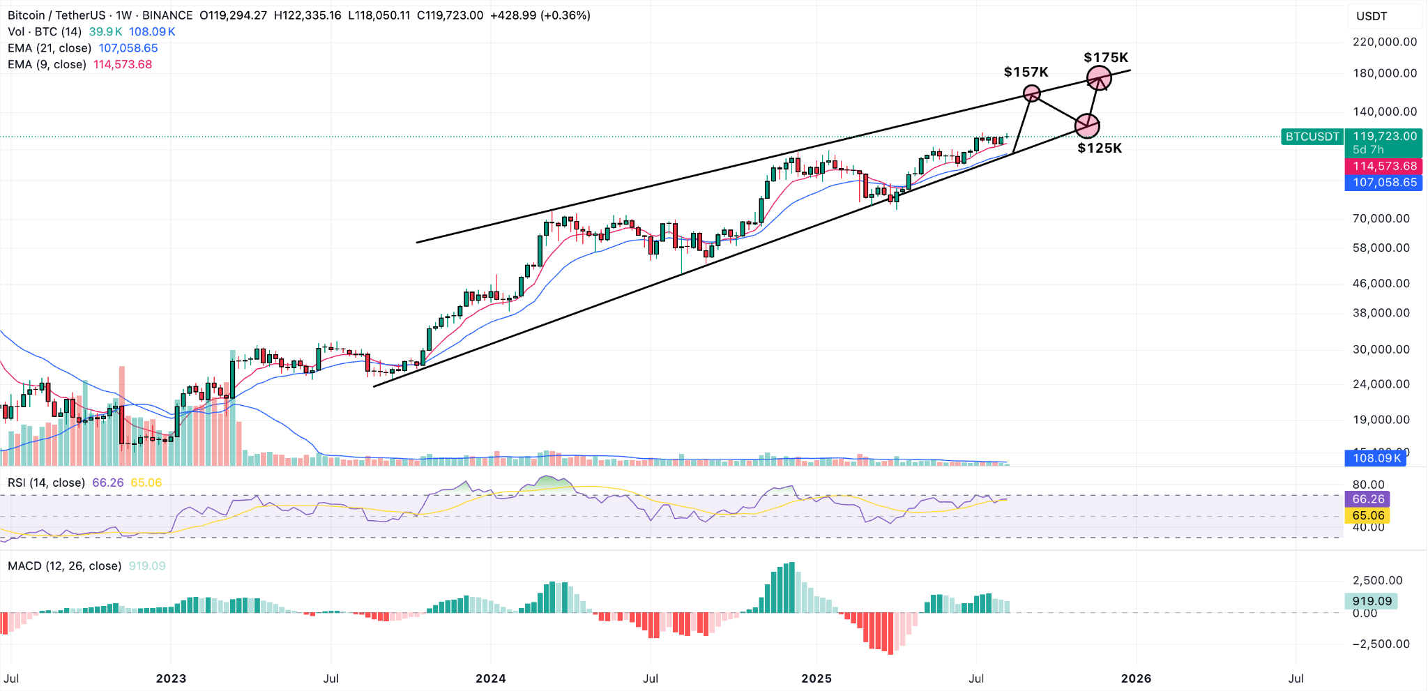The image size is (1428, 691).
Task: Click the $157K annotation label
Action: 1026,72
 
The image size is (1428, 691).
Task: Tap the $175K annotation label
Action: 1105,57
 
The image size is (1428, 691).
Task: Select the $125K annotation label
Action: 1099,148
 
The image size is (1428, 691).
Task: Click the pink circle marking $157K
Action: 1031,93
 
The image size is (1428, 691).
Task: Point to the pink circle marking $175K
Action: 1099,77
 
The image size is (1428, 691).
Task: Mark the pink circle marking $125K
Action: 1087,126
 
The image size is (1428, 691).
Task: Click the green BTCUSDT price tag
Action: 1312,137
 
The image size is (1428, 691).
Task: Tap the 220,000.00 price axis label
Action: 1384,42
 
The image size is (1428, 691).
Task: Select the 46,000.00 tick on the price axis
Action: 1381,283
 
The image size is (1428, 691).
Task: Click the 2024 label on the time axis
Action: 490,678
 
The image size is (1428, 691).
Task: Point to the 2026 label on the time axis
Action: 1135,678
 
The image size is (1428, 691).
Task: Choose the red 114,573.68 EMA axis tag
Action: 1385,166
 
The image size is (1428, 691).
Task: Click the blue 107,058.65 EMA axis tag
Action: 1385,183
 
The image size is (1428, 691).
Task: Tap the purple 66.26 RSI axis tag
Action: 1367,499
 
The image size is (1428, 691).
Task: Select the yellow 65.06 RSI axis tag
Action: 1367,516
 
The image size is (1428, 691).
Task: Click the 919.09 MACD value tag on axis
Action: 1371,601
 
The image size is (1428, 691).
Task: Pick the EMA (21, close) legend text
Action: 50,48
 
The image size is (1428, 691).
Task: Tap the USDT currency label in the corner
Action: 1371,16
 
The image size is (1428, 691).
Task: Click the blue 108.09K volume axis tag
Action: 1375,458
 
